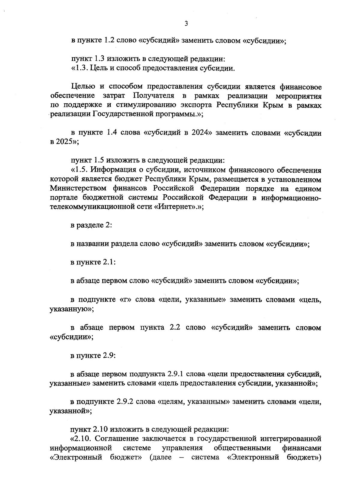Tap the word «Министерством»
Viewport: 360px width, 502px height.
(78, 189)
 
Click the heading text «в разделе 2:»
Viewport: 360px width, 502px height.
(91, 225)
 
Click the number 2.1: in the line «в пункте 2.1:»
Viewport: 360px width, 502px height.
(109, 263)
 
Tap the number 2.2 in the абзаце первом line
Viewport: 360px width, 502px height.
(175, 328)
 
